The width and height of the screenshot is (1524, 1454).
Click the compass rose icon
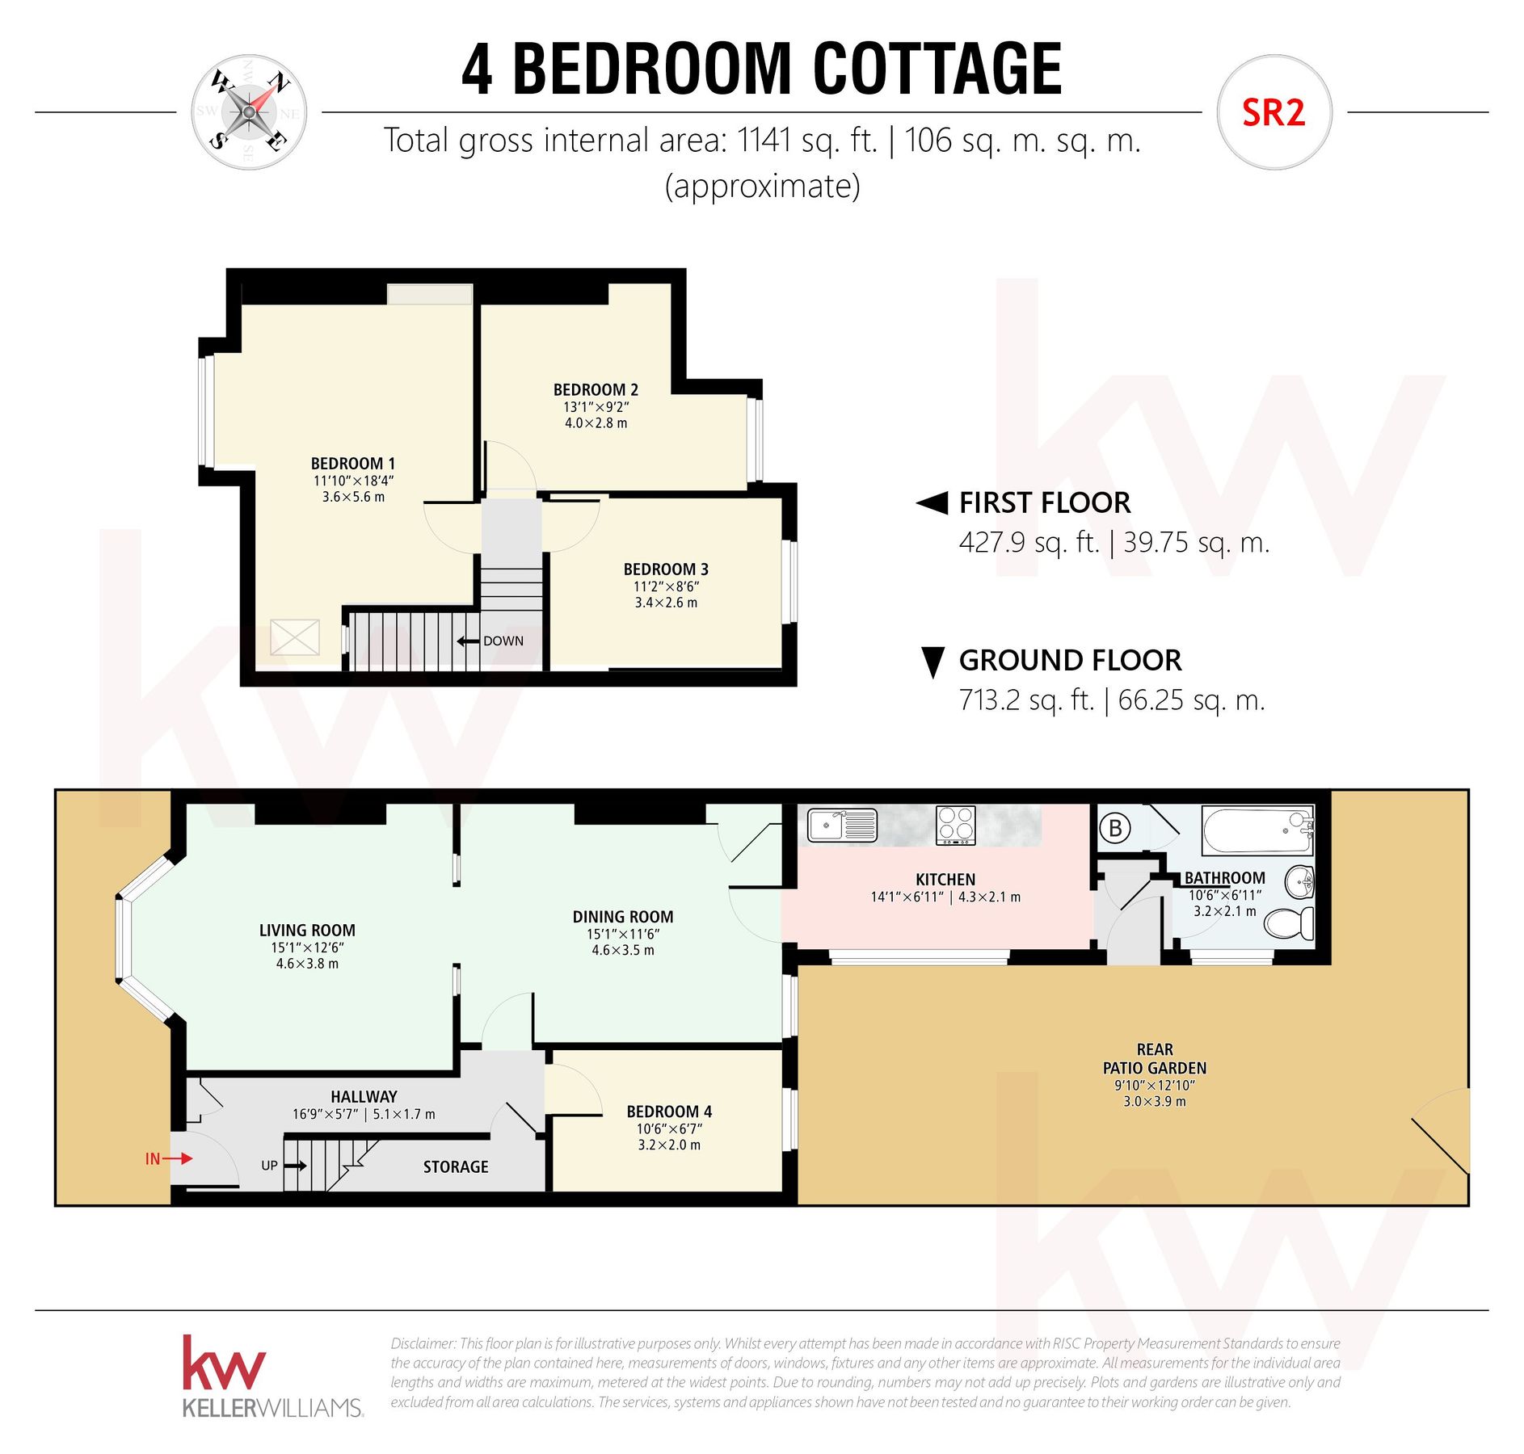tap(248, 112)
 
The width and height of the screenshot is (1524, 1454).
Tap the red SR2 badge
tap(1273, 113)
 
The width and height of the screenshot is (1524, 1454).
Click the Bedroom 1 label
tap(353, 464)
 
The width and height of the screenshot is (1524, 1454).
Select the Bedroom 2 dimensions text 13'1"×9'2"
tap(596, 407)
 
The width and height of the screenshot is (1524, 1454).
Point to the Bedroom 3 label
tap(665, 569)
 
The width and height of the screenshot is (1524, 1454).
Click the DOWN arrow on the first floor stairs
tap(468, 641)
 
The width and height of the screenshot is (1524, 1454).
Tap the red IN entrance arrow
tap(179, 1158)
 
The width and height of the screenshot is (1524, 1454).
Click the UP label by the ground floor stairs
tap(269, 1166)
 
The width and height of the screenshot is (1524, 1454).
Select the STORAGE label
tap(456, 1166)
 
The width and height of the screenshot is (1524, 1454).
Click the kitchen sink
tap(842, 826)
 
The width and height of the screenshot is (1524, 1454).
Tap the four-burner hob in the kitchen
tap(955, 825)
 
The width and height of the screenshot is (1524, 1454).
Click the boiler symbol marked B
tap(1116, 828)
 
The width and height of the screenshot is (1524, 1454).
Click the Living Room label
tap(307, 931)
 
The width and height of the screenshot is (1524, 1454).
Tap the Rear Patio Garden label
tap(1154, 1058)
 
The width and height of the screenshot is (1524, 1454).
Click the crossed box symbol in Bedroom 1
tap(294, 637)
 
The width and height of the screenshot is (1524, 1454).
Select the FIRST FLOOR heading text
tap(1044, 502)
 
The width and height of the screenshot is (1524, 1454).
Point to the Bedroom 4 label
tap(668, 1112)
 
